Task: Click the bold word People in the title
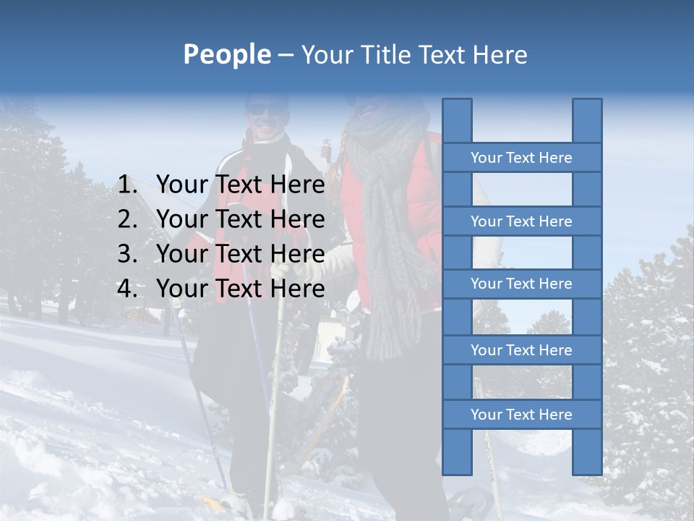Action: [x=226, y=54]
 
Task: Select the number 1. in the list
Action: [x=128, y=185]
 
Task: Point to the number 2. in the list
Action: [x=128, y=219]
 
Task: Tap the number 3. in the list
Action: [x=128, y=254]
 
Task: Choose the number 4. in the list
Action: [x=128, y=289]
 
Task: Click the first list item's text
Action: [x=240, y=185]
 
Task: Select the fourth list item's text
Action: [x=240, y=289]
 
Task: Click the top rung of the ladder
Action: [x=521, y=158]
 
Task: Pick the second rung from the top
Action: [x=521, y=221]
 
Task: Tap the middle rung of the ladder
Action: [x=521, y=284]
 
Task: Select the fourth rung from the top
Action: [x=521, y=350]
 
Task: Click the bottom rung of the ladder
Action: [x=521, y=415]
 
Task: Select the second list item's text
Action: [x=240, y=219]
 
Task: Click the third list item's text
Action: [x=240, y=254]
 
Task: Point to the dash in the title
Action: [x=285, y=55]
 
